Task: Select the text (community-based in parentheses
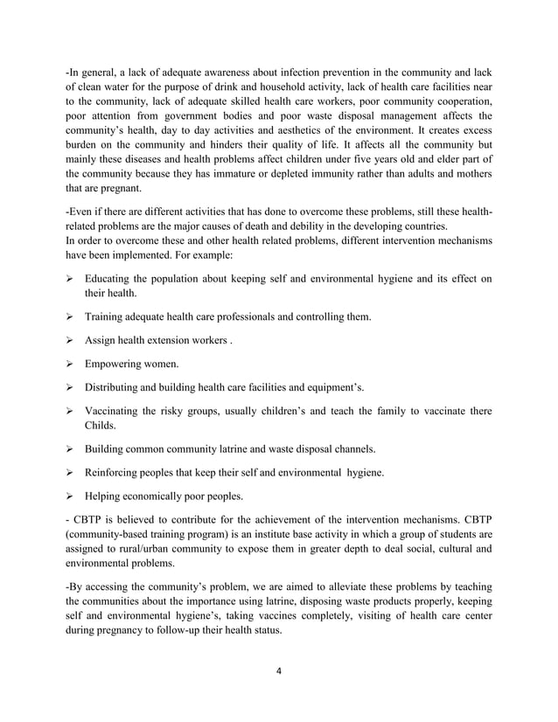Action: coord(114,531)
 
